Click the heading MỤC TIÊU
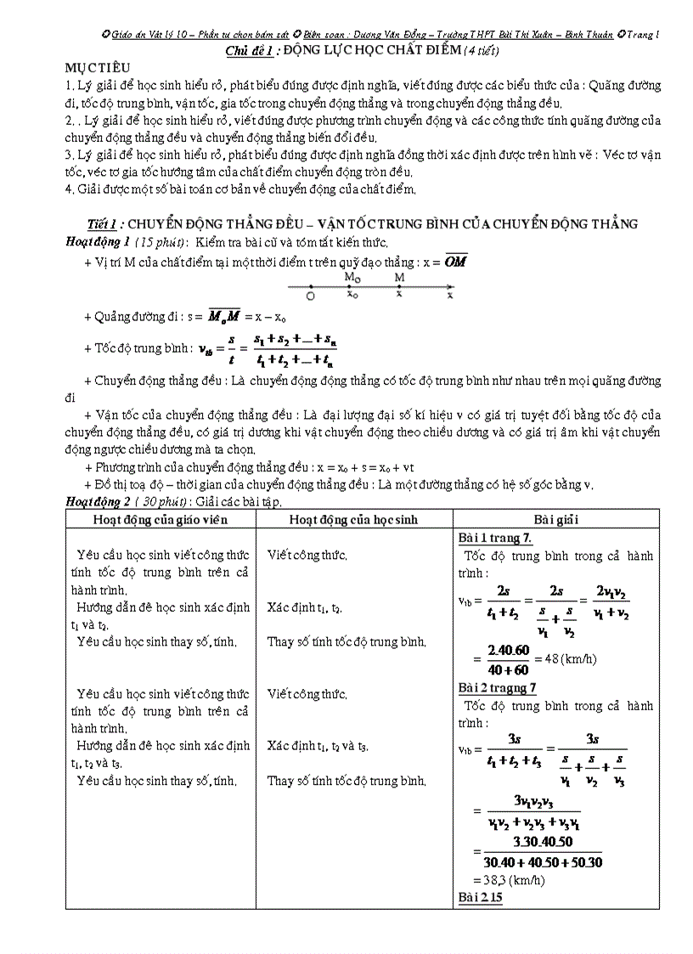94,67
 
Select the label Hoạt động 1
99,242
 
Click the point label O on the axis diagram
310,296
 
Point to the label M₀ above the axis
352,277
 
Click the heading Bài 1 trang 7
495,538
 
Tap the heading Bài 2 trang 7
498,688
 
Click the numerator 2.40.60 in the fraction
509,651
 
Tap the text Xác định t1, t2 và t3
318,746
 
